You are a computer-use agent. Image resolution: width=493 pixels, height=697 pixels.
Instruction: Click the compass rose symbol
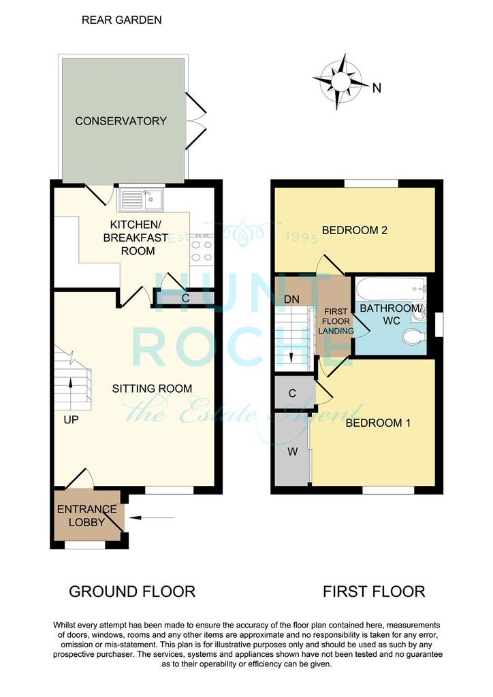340,82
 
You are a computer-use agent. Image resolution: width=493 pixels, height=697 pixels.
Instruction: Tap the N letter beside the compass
377,88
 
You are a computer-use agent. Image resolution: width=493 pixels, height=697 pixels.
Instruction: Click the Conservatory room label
121,121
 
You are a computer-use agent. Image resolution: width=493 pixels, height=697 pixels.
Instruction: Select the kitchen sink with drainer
141,199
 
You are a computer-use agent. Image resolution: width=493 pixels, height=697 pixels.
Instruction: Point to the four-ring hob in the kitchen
202,251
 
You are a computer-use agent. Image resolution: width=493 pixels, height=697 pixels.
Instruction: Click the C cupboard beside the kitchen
185,298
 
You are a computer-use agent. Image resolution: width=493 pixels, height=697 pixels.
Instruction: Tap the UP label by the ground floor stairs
71,419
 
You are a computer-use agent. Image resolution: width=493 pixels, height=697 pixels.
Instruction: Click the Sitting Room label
152,389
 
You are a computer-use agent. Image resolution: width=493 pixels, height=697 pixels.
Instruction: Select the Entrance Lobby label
86,516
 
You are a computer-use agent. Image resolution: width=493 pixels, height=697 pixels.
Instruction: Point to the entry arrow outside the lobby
152,517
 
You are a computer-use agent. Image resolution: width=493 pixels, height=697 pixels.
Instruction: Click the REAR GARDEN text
121,20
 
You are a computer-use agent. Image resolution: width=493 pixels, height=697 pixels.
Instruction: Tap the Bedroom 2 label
354,230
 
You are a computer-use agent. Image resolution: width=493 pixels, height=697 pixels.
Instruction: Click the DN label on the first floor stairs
291,299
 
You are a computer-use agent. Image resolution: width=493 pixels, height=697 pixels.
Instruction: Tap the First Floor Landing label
336,321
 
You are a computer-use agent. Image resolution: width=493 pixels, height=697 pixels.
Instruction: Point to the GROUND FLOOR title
132,591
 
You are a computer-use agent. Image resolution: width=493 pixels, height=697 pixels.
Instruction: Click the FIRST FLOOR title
374,591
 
